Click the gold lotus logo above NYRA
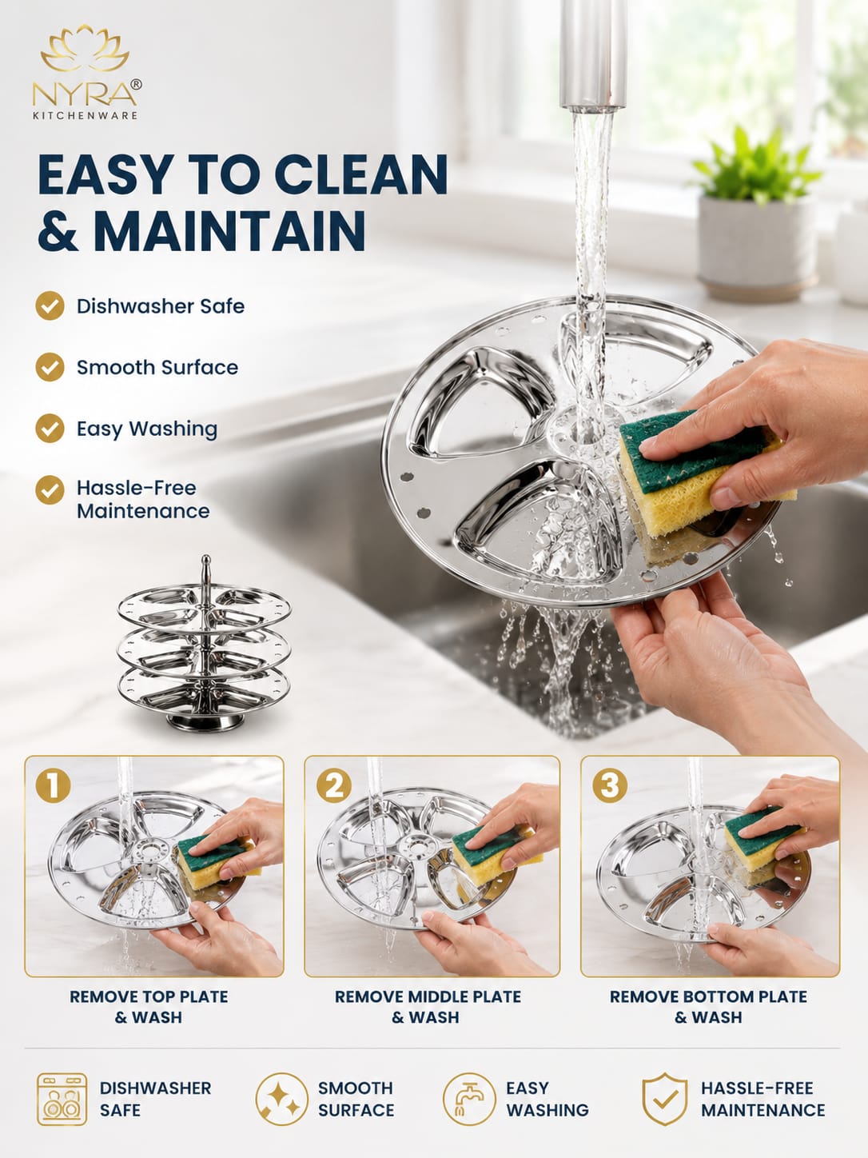click(x=85, y=49)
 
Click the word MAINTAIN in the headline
click(x=232, y=230)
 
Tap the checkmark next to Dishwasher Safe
click(x=50, y=306)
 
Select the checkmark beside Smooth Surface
click(x=50, y=367)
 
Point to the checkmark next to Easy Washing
click(x=50, y=429)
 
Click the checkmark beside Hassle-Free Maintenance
click(x=50, y=490)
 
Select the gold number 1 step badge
click(x=54, y=785)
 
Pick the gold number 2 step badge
click(x=334, y=785)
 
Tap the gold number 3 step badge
click(x=610, y=785)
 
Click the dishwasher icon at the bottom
click(x=62, y=1099)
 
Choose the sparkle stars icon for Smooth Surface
click(x=282, y=1099)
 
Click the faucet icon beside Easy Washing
click(x=469, y=1099)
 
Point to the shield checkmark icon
click(x=664, y=1099)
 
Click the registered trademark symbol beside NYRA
click(x=136, y=85)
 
